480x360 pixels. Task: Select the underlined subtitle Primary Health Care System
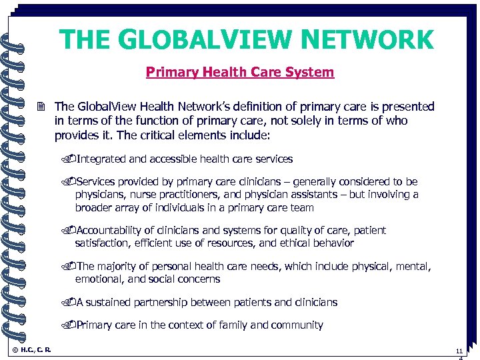pos(240,72)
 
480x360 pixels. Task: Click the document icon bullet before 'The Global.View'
pos(43,107)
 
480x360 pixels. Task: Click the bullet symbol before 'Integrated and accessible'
pos(71,159)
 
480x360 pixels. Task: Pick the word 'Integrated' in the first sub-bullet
pos(101,159)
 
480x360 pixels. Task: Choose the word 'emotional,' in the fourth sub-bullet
pos(99,279)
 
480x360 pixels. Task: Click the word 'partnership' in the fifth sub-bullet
pos(163,303)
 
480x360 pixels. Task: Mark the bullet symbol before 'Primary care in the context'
pos(71,325)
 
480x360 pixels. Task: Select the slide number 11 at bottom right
pos(459,350)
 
